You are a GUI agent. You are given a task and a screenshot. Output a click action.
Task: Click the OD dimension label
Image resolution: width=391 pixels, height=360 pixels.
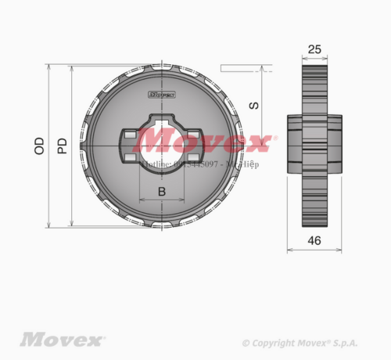click(x=38, y=146)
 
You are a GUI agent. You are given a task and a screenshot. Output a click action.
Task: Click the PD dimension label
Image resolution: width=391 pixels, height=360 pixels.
click(x=62, y=146)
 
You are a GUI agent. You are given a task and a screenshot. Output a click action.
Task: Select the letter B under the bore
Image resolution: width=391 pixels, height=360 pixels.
click(x=162, y=191)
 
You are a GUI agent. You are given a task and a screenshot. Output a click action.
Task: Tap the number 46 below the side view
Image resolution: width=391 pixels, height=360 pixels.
click(x=314, y=241)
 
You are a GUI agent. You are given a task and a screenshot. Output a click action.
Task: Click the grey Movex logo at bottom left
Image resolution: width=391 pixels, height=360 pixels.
click(x=62, y=340)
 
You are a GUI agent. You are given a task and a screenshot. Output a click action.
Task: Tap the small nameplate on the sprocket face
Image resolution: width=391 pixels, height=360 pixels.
click(x=161, y=95)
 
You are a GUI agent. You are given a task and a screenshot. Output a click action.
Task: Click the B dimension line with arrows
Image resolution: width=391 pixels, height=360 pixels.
click(x=162, y=201)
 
